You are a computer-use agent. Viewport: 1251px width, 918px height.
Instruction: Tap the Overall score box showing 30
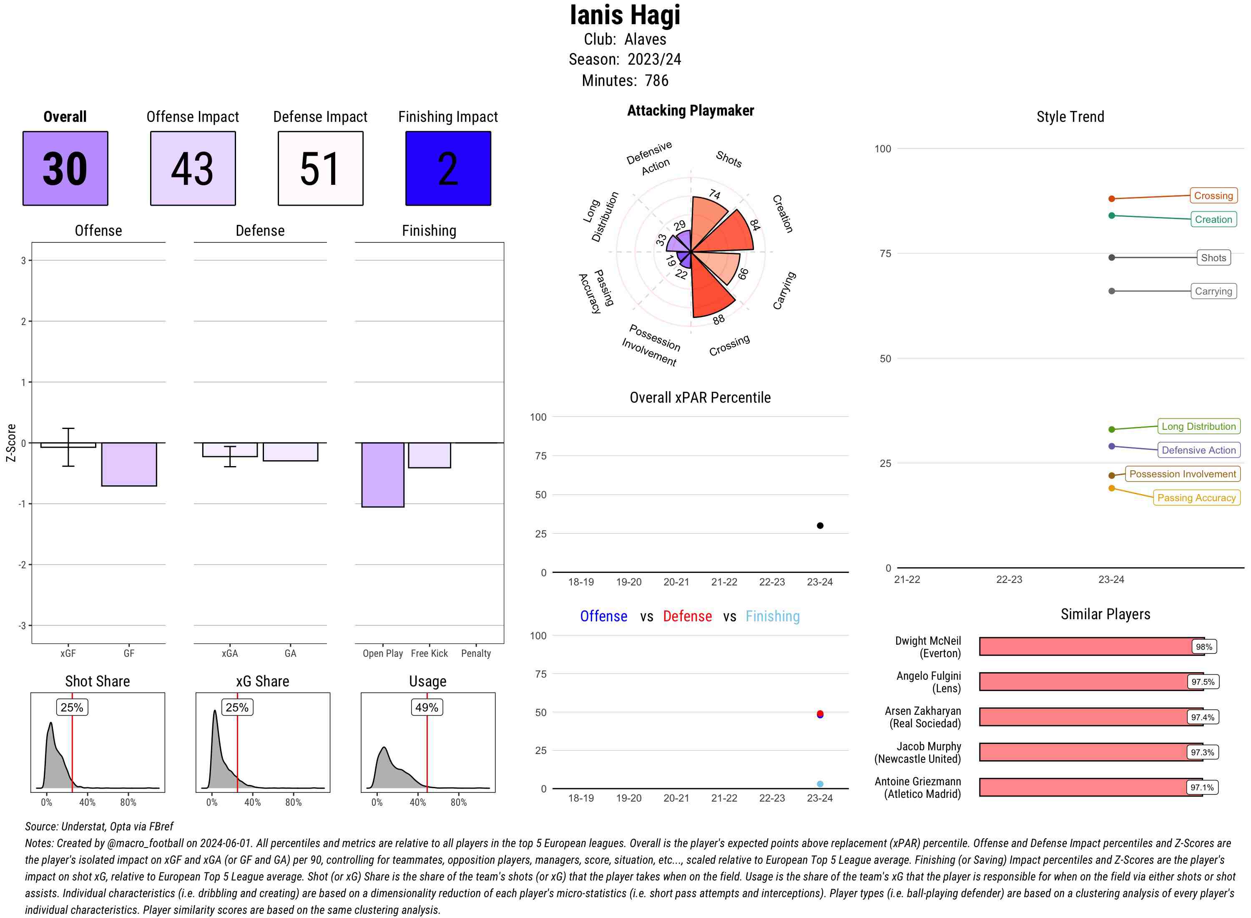[x=65, y=169]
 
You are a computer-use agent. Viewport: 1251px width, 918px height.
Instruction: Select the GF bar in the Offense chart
[x=129, y=464]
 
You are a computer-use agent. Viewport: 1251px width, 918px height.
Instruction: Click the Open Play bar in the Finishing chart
[x=382, y=474]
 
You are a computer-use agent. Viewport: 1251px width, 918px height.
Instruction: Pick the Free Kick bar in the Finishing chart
[x=429, y=455]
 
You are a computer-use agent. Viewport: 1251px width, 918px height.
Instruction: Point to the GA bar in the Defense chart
[x=290, y=452]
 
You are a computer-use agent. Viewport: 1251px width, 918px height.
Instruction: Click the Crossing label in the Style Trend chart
[x=1213, y=196]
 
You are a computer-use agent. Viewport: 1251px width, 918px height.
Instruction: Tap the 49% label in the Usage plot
[x=427, y=707]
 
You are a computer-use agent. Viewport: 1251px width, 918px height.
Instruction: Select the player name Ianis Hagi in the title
[x=625, y=15]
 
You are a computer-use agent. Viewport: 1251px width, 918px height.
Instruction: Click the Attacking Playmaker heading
[x=690, y=111]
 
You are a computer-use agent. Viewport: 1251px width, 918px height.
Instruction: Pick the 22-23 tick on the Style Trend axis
[x=1008, y=580]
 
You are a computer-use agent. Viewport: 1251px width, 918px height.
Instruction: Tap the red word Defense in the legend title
[x=687, y=616]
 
